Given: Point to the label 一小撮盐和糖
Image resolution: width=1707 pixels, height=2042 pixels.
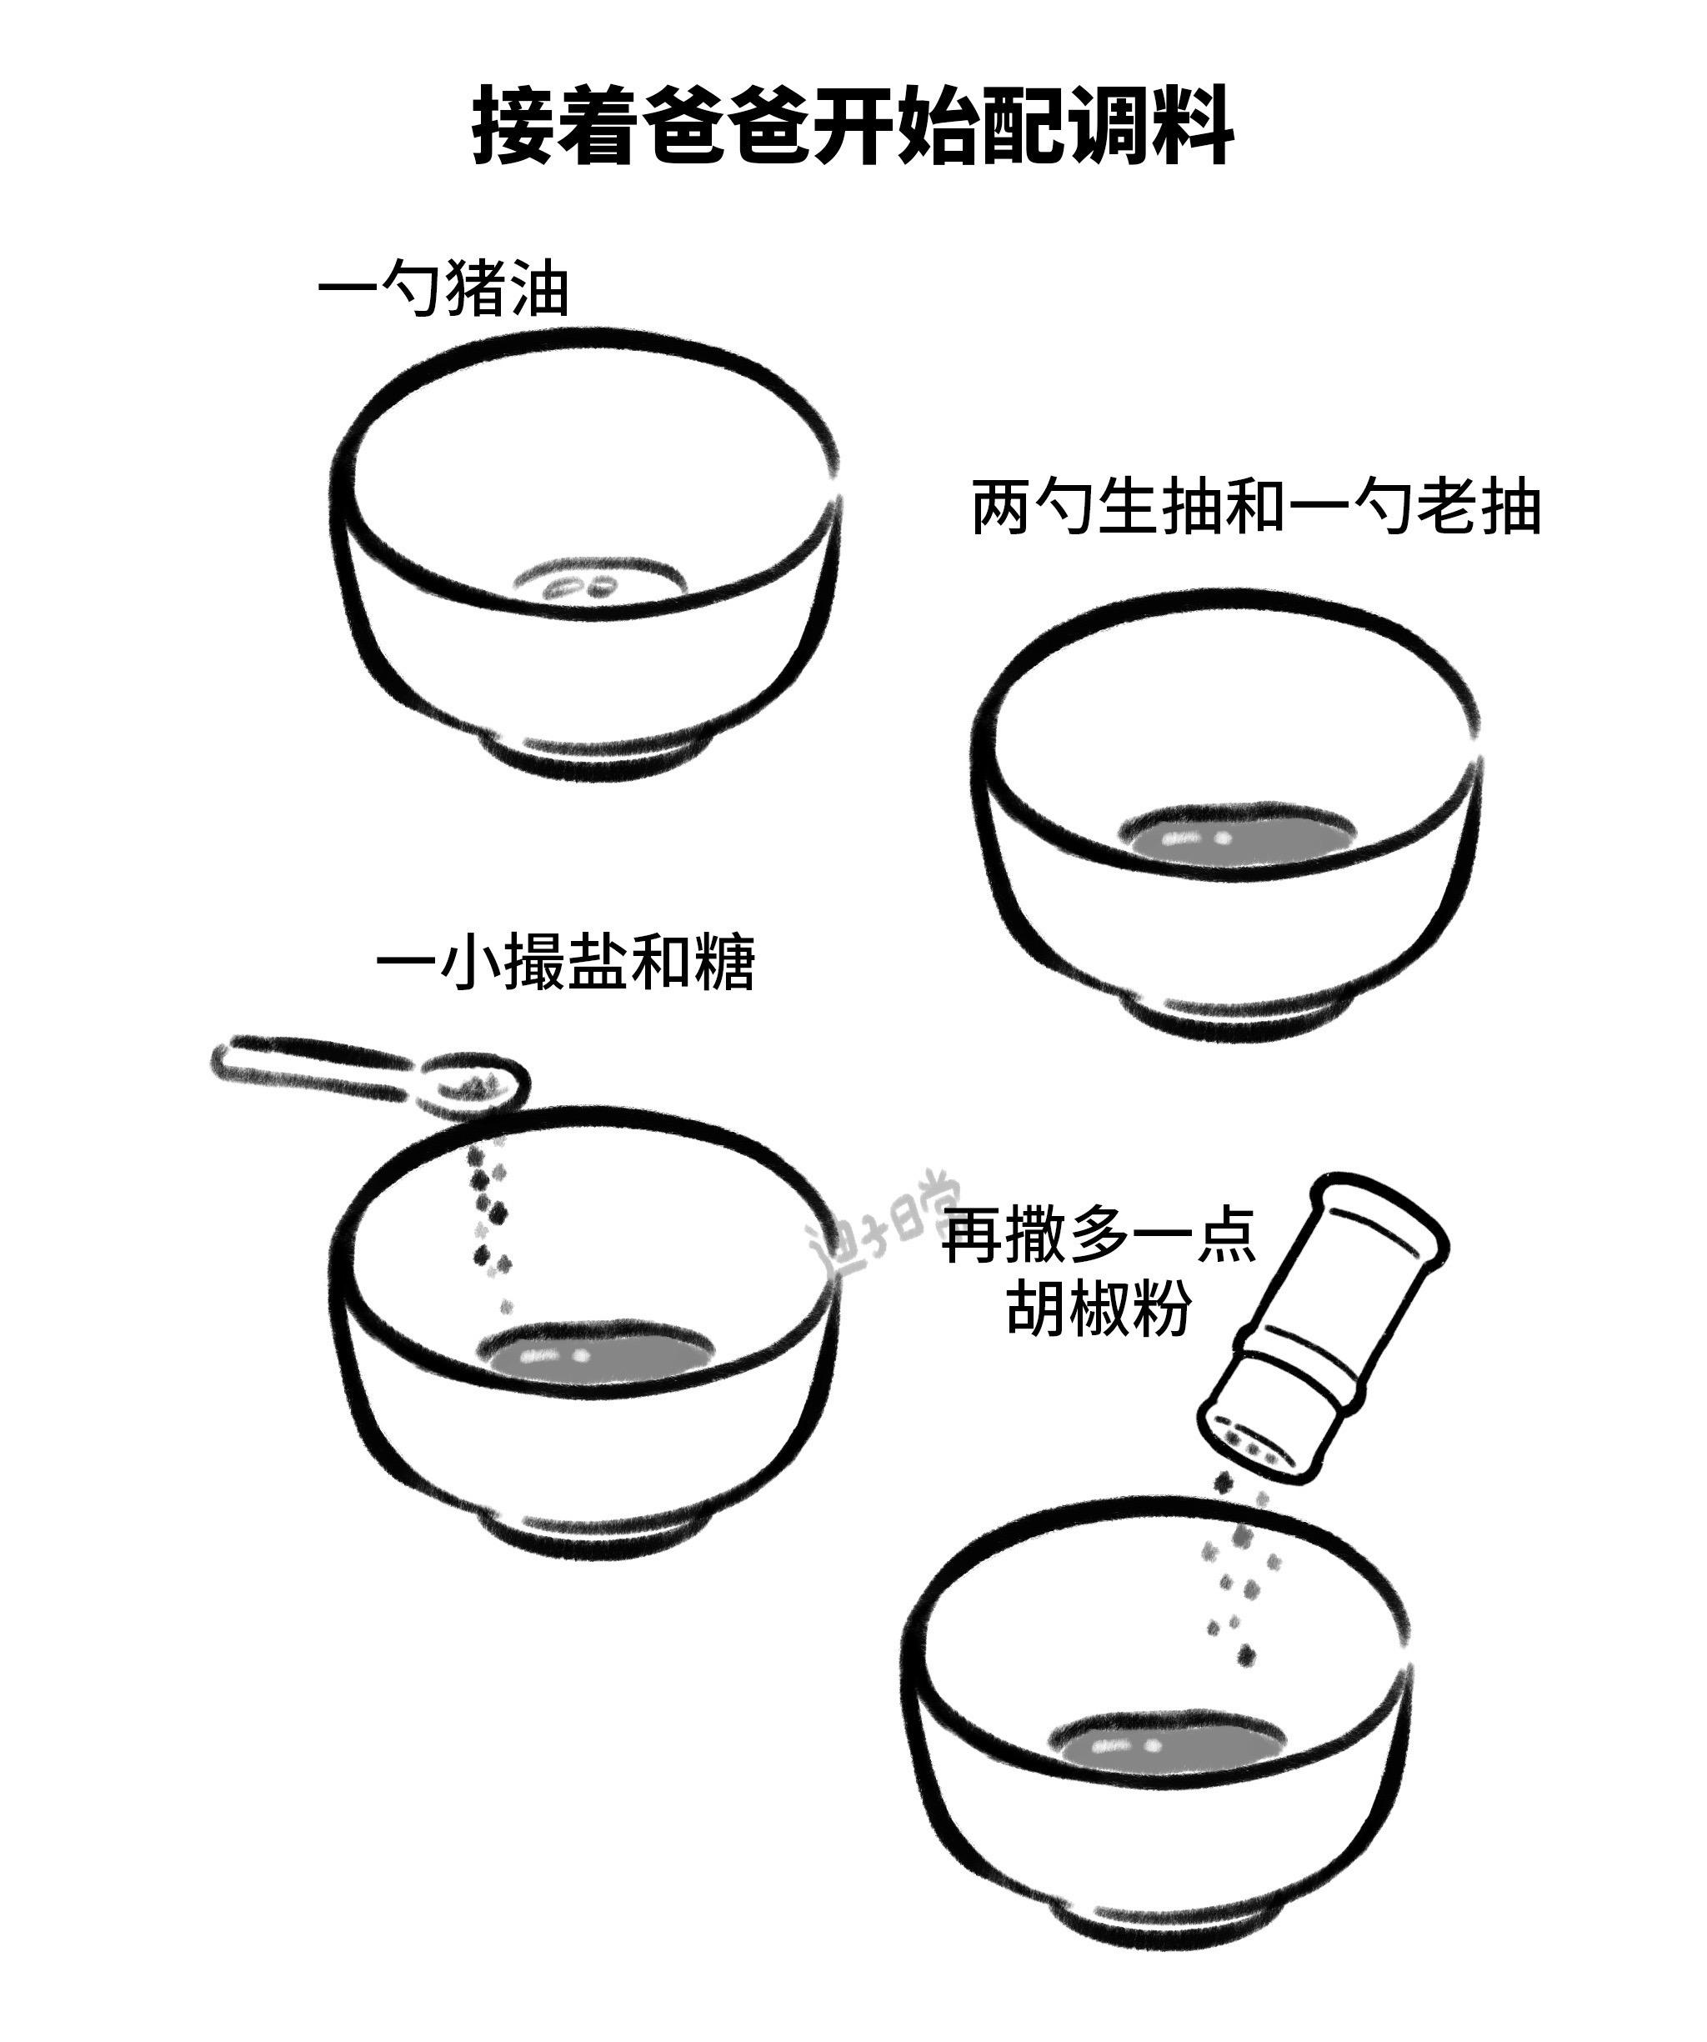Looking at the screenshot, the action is point(565,963).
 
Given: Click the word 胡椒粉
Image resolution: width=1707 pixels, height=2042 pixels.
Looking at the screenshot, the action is point(1099,1308).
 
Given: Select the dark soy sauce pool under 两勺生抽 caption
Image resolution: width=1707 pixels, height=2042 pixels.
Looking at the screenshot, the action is point(1237,835).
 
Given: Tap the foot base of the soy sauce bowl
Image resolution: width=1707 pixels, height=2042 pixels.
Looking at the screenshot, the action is point(1239,1015).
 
